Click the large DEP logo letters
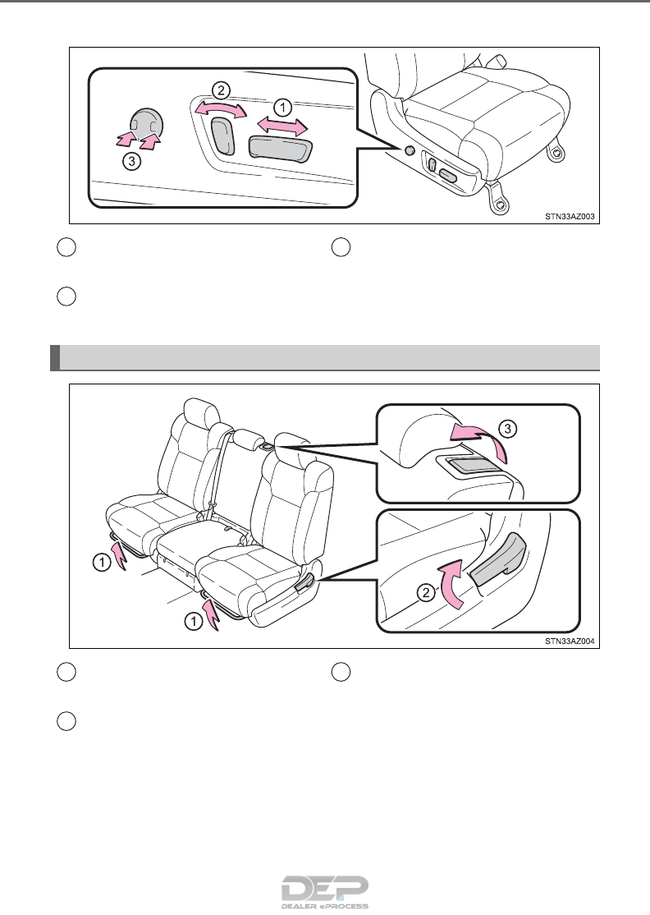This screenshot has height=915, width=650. click(x=325, y=889)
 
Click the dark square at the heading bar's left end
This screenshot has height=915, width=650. click(x=55, y=358)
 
